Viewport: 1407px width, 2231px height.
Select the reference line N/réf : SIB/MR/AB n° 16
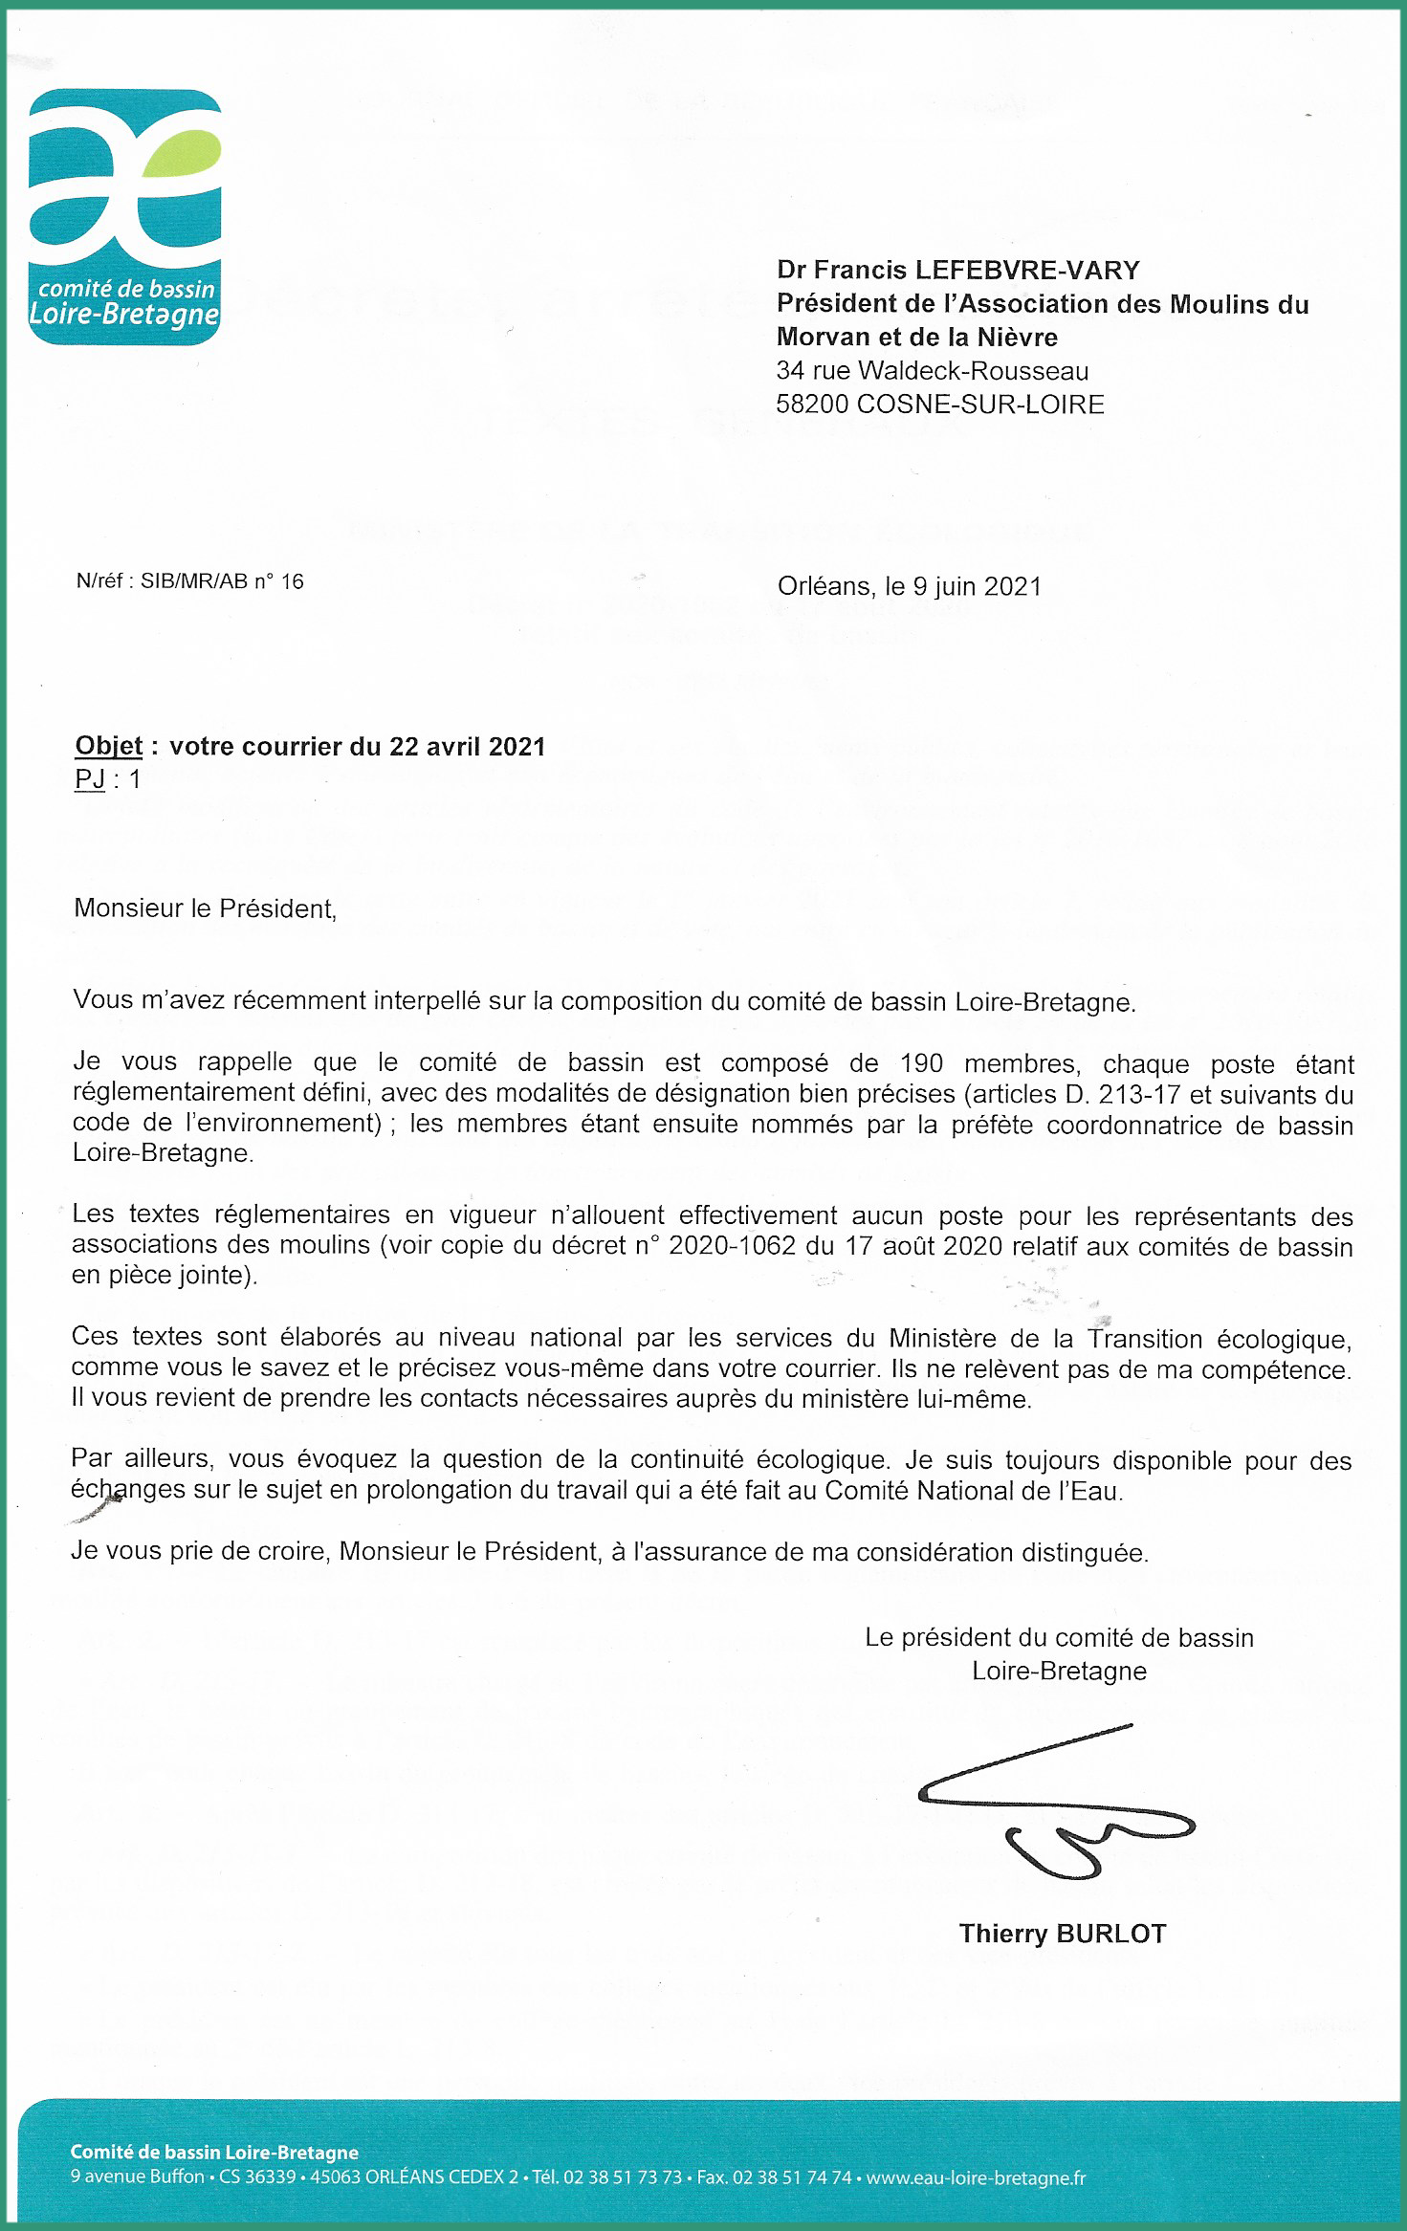189,581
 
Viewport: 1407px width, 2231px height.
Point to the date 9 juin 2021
977,586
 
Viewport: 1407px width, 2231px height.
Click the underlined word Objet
108,746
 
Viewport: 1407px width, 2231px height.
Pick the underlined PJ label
90,779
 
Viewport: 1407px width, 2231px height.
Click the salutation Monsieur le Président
205,908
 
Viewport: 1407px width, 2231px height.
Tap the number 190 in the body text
921,1063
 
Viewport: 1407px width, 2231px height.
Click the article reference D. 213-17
1119,1094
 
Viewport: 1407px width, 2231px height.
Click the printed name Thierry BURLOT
1063,1934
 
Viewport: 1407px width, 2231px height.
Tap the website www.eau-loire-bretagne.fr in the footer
976,2177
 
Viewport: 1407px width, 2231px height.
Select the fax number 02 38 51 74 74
791,2177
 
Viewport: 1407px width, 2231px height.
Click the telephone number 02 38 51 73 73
622,2177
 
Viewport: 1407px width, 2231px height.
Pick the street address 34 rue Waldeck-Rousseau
933,371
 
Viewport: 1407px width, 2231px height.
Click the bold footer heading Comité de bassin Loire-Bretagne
214,2152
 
